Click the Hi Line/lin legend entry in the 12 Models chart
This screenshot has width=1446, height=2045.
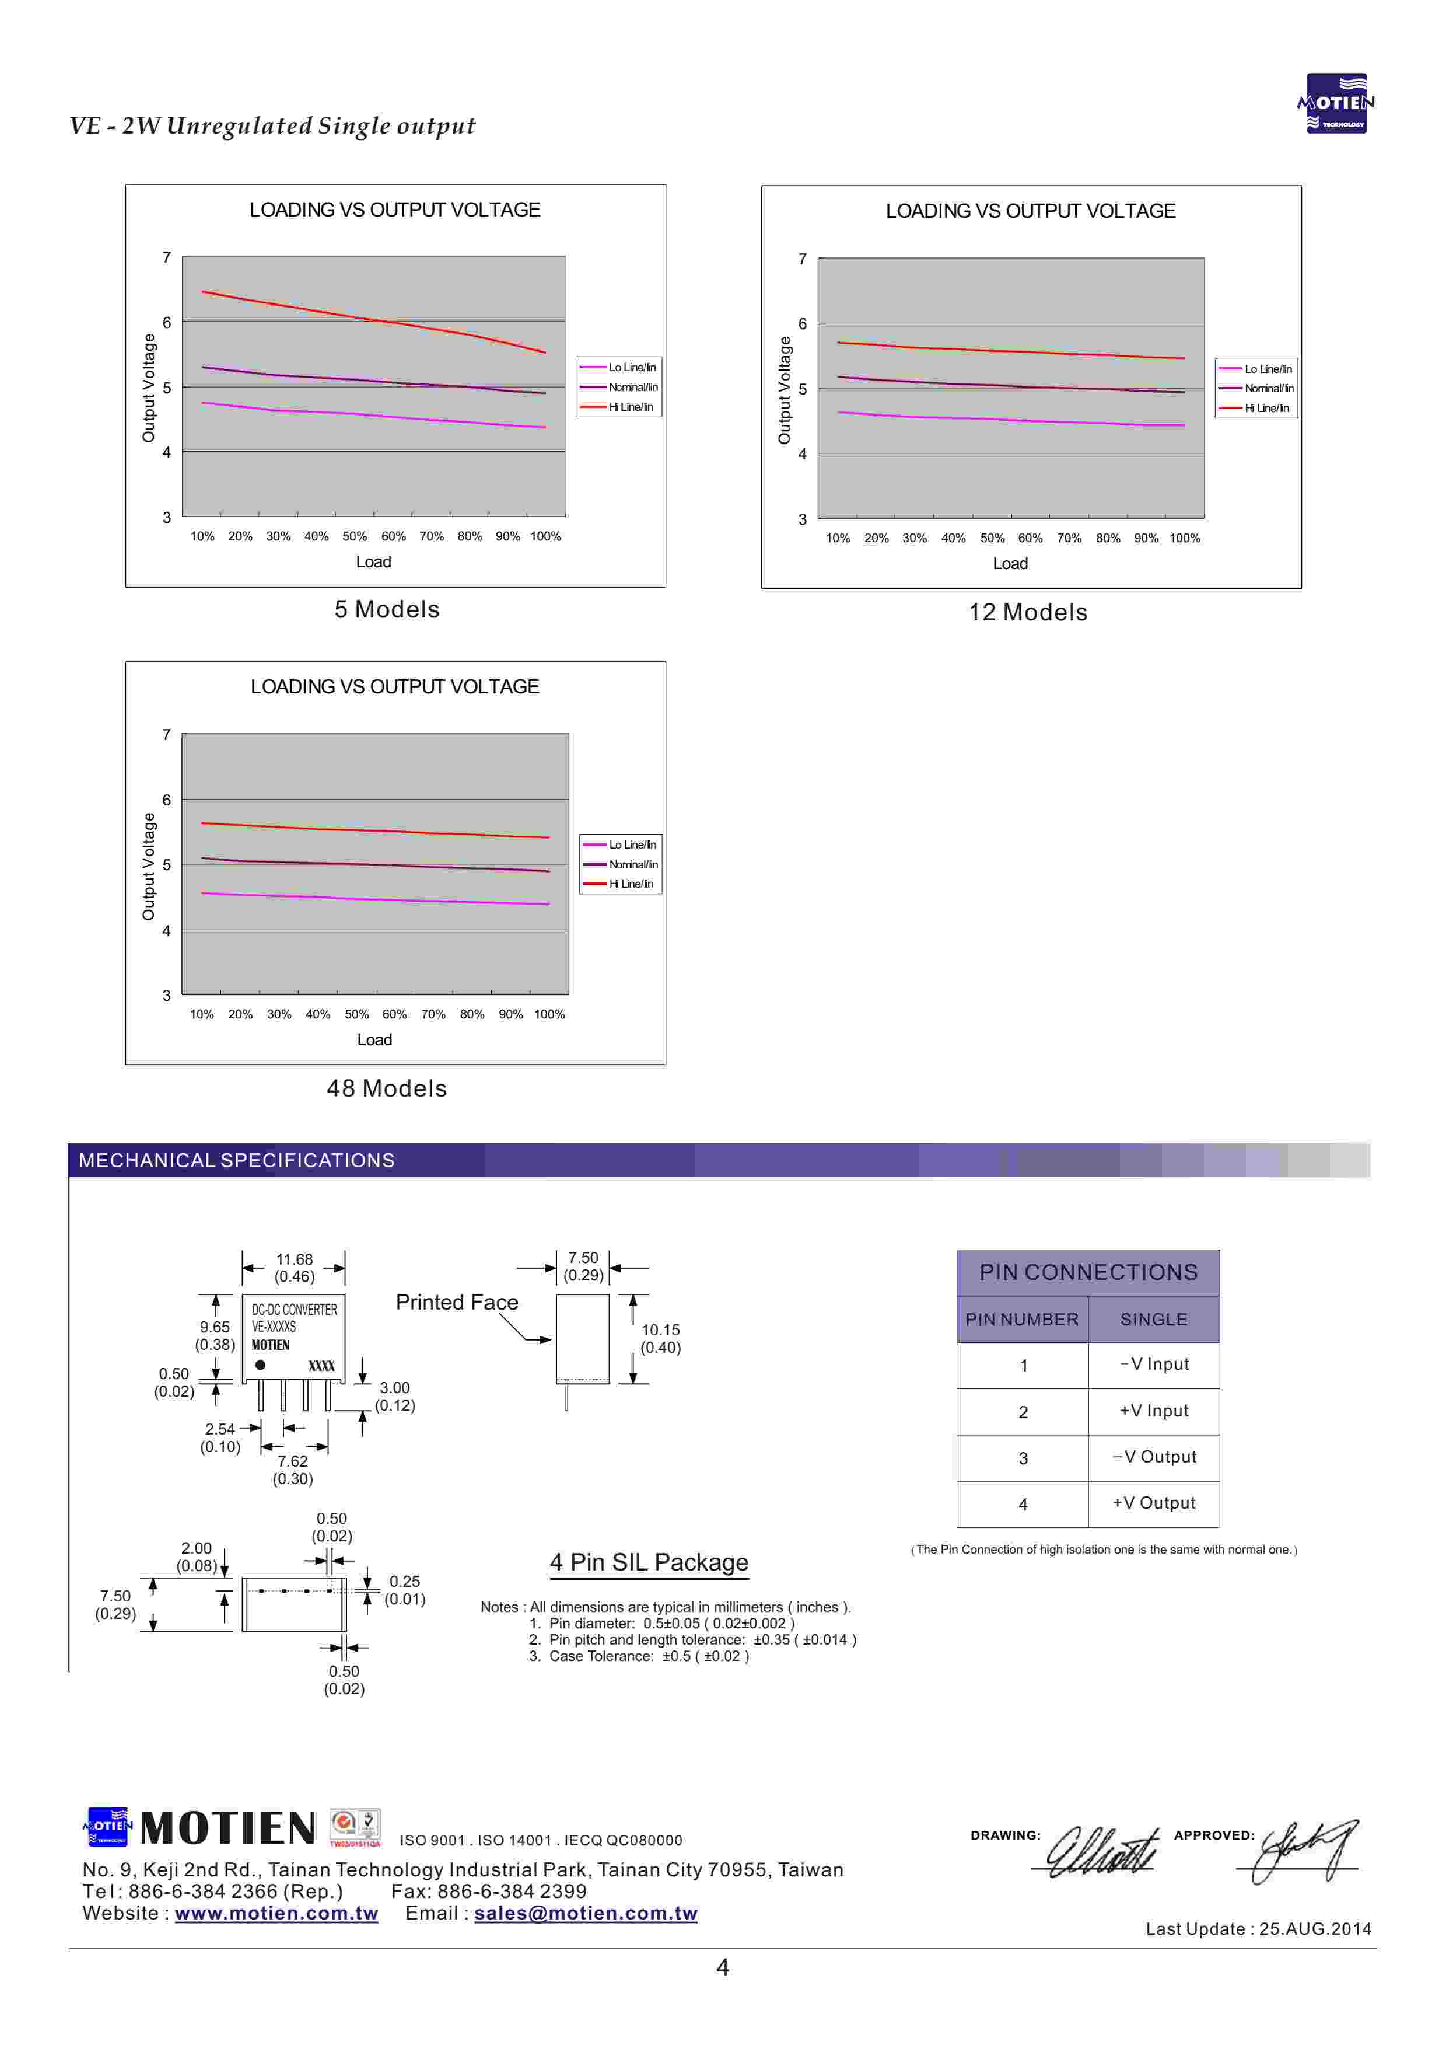click(x=1265, y=408)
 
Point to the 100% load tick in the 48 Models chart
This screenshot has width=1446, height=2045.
click(x=549, y=1014)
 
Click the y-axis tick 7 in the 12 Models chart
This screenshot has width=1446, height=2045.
click(x=802, y=259)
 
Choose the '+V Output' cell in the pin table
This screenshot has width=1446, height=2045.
click(x=1153, y=1503)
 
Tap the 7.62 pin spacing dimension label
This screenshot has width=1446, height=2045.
click(x=292, y=1461)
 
